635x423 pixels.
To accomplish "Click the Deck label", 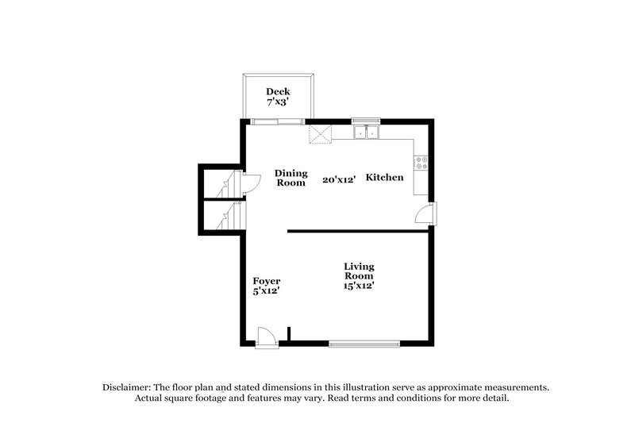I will coord(278,91).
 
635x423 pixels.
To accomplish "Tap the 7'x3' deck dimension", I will coord(278,103).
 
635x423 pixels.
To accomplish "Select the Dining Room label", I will coord(290,178).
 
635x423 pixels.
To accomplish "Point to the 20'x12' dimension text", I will coord(337,179).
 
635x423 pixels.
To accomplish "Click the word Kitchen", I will coord(384,178).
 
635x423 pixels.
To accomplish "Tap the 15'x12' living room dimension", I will coord(359,286).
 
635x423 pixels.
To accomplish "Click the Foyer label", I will coord(266,281).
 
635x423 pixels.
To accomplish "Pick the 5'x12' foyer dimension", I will coord(266,291).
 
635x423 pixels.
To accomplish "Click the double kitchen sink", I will coord(366,133).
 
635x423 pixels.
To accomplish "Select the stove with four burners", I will coord(423,163).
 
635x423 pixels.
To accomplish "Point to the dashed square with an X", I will coord(320,134).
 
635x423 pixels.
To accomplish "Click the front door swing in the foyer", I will coord(267,336).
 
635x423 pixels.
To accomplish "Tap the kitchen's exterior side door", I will coord(426,214).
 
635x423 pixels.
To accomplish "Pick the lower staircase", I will coord(227,215).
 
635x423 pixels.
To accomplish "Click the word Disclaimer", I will coord(129,386).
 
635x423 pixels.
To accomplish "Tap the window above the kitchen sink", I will coord(366,121).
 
